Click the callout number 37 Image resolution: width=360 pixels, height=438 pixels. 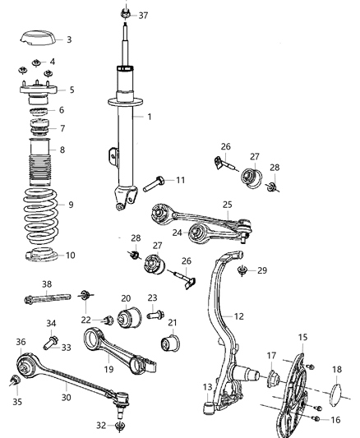pyautogui.click(x=144, y=16)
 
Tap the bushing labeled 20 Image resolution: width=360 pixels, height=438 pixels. pyautogui.click(x=130, y=317)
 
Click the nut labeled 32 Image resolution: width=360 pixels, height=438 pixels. pyautogui.click(x=122, y=426)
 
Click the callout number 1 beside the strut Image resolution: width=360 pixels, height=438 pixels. pyautogui.click(x=149, y=117)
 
